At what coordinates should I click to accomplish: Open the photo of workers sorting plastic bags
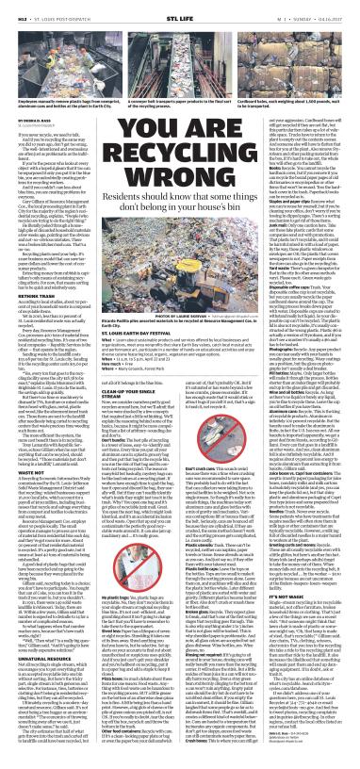tap(57, 47)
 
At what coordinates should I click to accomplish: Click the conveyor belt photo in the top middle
tap(180, 47)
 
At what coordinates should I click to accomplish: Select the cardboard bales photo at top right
tap(299, 47)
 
